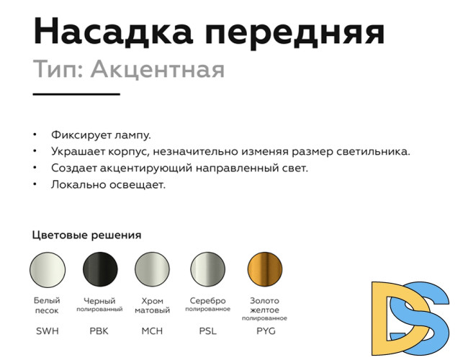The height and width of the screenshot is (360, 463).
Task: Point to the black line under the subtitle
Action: [x=76, y=94]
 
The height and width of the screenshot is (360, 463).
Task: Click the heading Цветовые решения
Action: [x=86, y=235]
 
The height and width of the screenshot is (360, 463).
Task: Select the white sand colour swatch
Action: [x=48, y=270]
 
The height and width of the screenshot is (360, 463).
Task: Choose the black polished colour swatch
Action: [x=100, y=270]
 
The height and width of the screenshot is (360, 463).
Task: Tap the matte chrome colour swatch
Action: [x=153, y=270]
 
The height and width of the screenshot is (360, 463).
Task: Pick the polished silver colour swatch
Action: [x=207, y=270]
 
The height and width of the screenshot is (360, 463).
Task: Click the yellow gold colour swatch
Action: [x=264, y=270]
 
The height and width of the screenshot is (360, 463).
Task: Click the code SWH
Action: [x=48, y=331]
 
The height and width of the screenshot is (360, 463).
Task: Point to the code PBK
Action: [x=100, y=331]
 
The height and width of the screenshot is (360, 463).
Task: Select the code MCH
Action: [x=153, y=331]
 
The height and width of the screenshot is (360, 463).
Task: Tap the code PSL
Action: [x=207, y=331]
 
